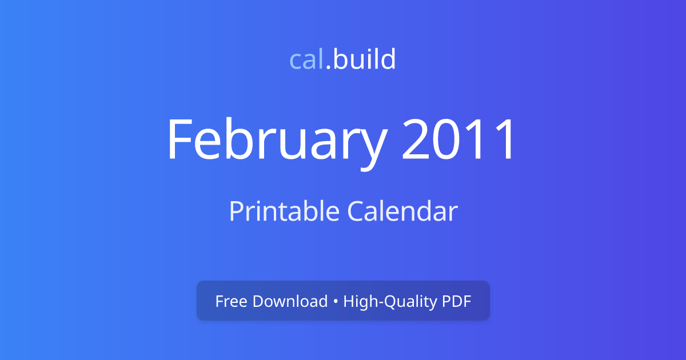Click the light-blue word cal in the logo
[x=307, y=59]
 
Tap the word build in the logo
[x=364, y=59]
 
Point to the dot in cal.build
[x=329, y=68]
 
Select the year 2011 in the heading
[x=459, y=140]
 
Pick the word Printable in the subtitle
[x=284, y=211]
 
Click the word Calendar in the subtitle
[x=402, y=211]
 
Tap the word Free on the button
[x=230, y=301]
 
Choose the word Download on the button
[x=290, y=301]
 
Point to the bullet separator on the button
[x=336, y=302]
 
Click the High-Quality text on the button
[x=389, y=301]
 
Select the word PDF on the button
[x=456, y=301]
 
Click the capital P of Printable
[x=235, y=211]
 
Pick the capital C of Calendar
[x=356, y=211]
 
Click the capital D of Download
[x=258, y=301]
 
